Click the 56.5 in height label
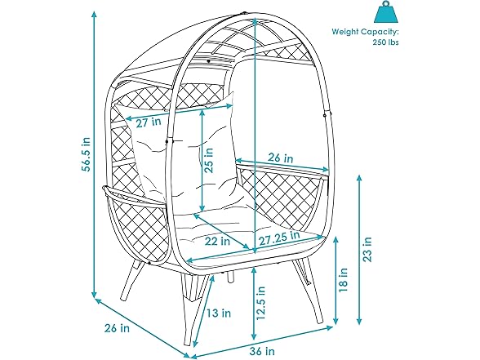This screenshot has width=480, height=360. [x=87, y=153]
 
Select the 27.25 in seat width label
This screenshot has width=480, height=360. [x=279, y=238]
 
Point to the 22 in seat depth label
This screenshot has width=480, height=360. [x=217, y=242]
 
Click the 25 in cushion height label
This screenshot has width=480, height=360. [x=209, y=160]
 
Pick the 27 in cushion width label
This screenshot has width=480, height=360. [x=149, y=122]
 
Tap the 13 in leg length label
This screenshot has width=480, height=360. [x=218, y=313]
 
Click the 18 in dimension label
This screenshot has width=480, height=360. [x=344, y=279]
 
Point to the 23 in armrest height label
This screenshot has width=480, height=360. [x=367, y=249]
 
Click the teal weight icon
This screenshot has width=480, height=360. [x=385, y=12]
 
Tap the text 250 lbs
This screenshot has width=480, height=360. [x=385, y=42]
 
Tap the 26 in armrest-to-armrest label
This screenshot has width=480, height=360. [x=281, y=158]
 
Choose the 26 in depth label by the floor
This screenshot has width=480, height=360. [x=117, y=328]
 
